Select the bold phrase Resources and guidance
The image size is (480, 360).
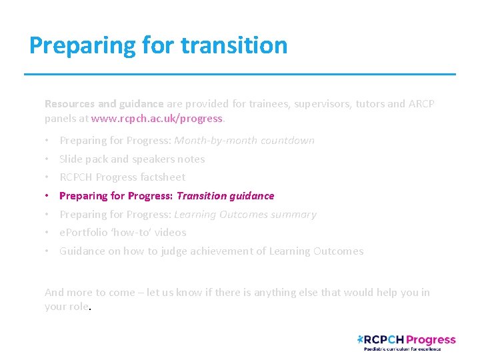point(103,104)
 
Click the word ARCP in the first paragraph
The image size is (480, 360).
point(421,104)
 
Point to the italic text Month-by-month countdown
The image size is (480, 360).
point(244,141)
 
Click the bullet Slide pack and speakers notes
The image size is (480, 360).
point(132,159)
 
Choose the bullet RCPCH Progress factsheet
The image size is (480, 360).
point(123,177)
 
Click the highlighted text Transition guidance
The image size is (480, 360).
point(225,196)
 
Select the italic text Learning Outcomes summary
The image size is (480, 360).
point(245,215)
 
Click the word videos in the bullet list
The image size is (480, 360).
point(171,233)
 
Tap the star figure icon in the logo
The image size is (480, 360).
point(361,339)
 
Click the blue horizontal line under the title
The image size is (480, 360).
point(240,74)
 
